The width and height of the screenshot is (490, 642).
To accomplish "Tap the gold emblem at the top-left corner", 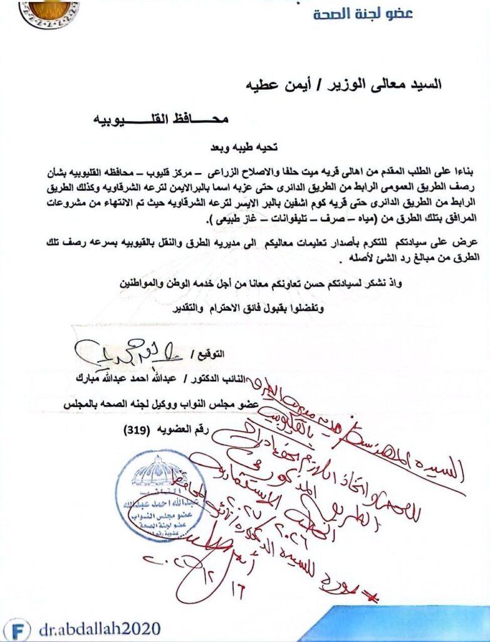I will coord(49,11).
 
